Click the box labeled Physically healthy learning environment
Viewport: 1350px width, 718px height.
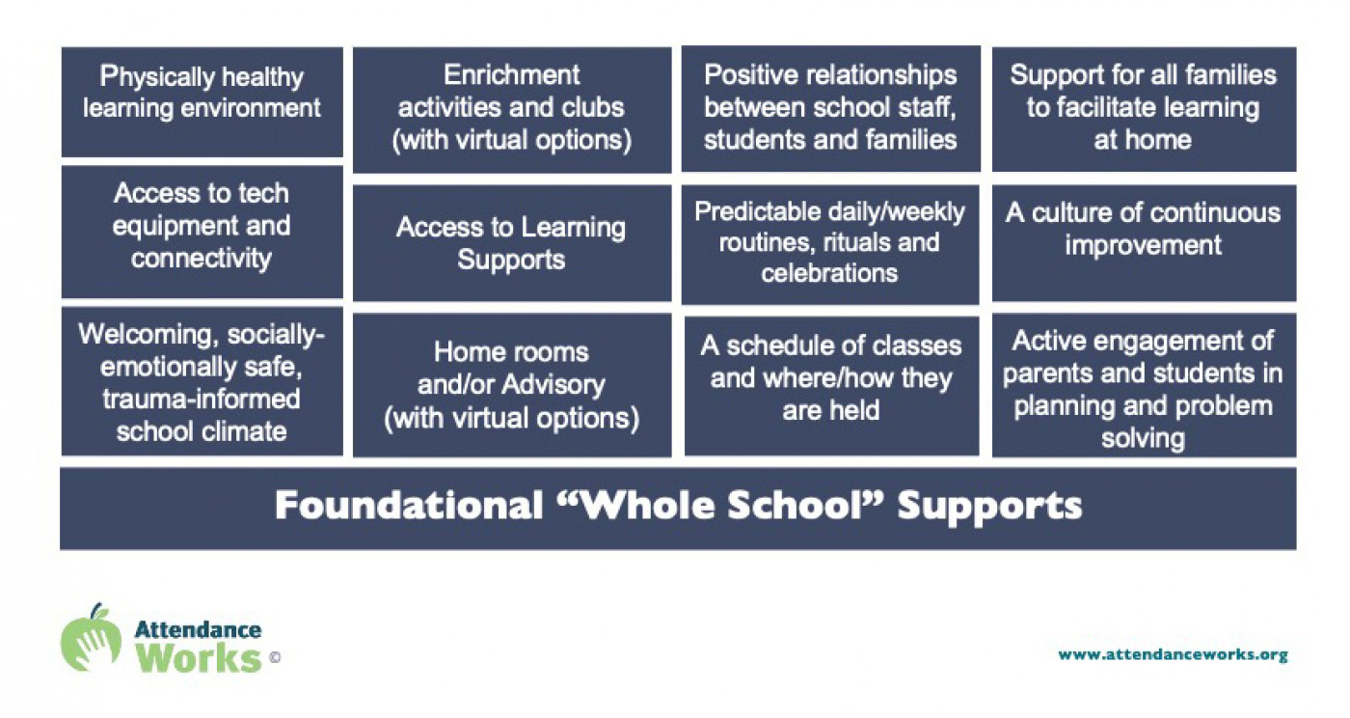202,102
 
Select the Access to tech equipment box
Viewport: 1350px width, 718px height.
202,232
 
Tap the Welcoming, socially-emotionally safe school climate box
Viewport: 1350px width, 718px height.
202,381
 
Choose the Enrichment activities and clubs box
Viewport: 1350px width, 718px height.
512,110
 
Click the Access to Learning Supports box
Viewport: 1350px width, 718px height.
512,242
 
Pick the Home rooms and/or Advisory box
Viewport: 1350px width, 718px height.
512,385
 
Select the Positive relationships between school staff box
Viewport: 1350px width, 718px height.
830,109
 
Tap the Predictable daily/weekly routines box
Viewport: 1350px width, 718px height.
830,244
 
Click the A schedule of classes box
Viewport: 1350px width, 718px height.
831,386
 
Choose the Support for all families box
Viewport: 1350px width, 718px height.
1144,109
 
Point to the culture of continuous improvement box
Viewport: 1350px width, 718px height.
1144,242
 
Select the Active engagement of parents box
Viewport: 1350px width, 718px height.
1144,385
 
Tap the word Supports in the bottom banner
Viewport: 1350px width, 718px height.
989,507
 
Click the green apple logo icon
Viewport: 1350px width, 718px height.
91,638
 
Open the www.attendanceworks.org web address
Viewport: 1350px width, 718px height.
1173,654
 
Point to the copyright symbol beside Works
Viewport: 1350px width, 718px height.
275,657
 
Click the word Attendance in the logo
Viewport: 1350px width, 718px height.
198,630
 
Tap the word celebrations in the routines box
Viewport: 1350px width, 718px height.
829,273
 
